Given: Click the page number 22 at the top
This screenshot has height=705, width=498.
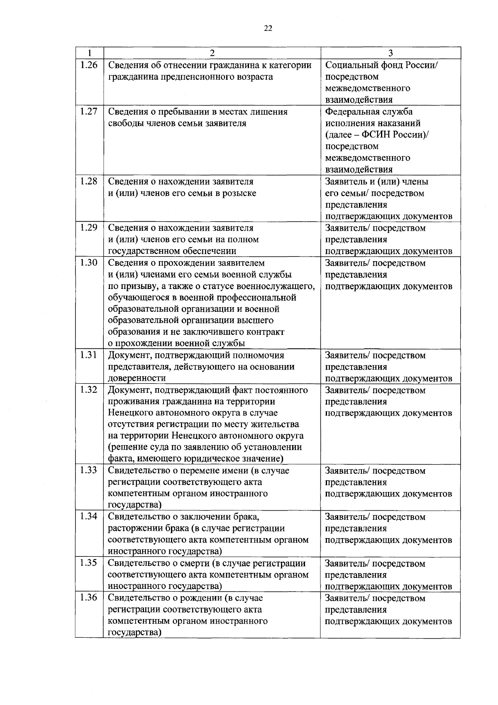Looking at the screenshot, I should click(268, 28).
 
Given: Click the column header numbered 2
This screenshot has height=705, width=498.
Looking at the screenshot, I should click(212, 53).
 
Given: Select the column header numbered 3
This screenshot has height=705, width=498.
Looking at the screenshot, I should click(390, 53).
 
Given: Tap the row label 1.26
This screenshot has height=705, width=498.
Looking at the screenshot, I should click(88, 65).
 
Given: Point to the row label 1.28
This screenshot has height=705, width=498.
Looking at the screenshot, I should click(88, 181).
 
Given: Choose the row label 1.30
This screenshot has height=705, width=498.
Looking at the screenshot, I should click(88, 262).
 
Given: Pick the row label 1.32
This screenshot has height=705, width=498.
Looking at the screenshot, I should click(88, 389).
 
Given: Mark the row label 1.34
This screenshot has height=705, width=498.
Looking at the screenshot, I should click(88, 516).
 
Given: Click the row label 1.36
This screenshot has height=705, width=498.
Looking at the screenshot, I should click(88, 597).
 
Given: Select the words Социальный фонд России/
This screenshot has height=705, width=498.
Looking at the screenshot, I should click(381, 65).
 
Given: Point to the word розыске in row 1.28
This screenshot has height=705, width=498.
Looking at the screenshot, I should click(241, 193).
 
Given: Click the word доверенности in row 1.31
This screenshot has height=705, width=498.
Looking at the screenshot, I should click(137, 378).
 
